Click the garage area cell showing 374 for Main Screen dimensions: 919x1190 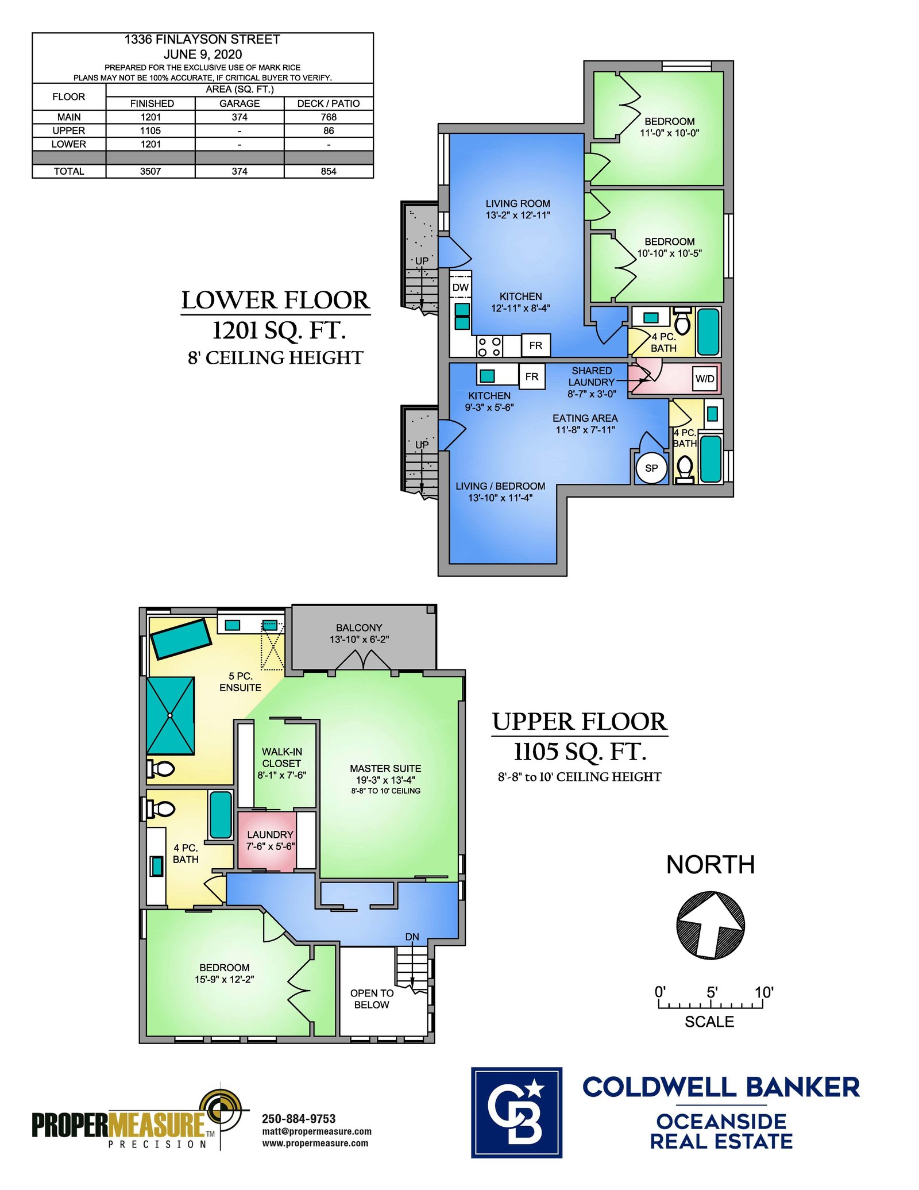point(240,117)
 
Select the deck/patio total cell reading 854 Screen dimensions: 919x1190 point(329,171)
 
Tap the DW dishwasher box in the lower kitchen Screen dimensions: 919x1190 point(461,287)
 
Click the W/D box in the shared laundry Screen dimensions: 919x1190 point(705,379)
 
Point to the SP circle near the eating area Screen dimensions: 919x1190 point(651,468)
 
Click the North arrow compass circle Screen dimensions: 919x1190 point(711,925)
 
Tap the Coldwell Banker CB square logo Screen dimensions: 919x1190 point(516,1112)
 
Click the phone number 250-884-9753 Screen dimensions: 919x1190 point(299,1119)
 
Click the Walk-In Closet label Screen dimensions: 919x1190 point(281,763)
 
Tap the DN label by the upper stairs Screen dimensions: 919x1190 point(412,937)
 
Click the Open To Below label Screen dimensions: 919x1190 point(372,999)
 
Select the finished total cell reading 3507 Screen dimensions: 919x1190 point(150,171)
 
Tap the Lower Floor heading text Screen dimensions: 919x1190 point(276,300)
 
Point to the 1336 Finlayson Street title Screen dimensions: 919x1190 point(202,39)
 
